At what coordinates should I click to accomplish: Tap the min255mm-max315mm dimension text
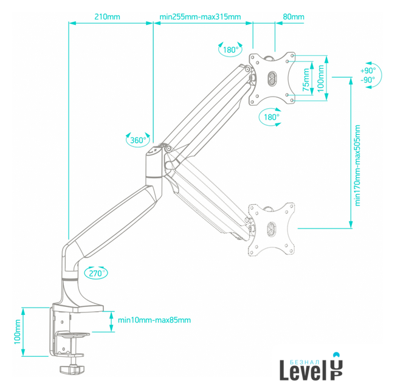(200, 16)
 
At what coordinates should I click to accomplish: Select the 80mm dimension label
(294, 16)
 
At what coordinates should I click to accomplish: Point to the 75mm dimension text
(306, 77)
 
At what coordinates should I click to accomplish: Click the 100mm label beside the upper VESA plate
(321, 77)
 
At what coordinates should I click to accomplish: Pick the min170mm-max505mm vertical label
(358, 165)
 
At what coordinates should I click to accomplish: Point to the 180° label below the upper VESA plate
(272, 117)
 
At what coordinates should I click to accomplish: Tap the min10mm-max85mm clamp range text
(154, 320)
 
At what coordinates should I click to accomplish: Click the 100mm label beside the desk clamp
(18, 334)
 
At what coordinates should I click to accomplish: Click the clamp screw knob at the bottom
(72, 368)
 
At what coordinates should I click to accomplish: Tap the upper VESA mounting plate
(272, 78)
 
